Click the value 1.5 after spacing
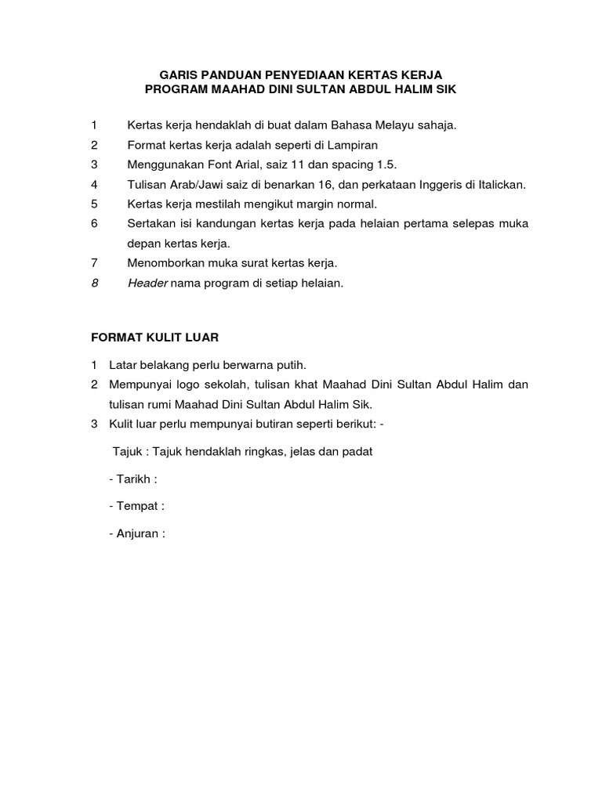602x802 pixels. pyautogui.click(x=386, y=164)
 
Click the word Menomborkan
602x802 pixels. pyautogui.click(x=169, y=263)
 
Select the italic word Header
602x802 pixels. pyautogui.click(x=148, y=283)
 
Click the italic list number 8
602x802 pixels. pyautogui.click(x=94, y=283)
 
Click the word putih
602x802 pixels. pyautogui.click(x=289, y=365)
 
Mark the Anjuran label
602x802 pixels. pyautogui.click(x=141, y=534)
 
